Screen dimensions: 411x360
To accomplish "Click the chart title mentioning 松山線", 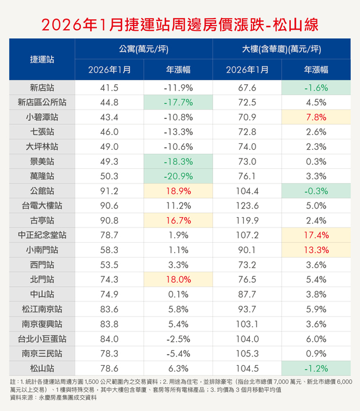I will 180,23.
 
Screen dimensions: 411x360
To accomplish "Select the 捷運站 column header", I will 42,59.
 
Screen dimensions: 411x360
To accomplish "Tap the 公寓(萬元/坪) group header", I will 144,49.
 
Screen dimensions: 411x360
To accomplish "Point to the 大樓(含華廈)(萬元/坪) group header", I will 282,49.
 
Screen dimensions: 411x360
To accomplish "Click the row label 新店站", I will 42,88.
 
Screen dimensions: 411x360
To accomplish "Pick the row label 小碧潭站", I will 42,117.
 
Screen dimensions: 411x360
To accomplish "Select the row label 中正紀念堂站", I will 42,235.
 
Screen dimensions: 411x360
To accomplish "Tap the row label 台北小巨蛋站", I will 42,338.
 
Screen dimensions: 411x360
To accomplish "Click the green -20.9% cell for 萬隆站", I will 178,176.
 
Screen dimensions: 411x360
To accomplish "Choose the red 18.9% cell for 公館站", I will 178,191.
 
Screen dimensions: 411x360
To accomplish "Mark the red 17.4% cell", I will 316,235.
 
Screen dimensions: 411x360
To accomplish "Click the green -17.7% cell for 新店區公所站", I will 178,103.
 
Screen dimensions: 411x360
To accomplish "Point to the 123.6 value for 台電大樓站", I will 247,205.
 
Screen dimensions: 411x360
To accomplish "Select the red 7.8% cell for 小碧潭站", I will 316,117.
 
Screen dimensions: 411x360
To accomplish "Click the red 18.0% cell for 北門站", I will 178,279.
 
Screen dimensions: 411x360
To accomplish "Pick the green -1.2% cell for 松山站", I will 316,368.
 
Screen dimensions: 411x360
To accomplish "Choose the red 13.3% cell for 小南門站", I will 316,250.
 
